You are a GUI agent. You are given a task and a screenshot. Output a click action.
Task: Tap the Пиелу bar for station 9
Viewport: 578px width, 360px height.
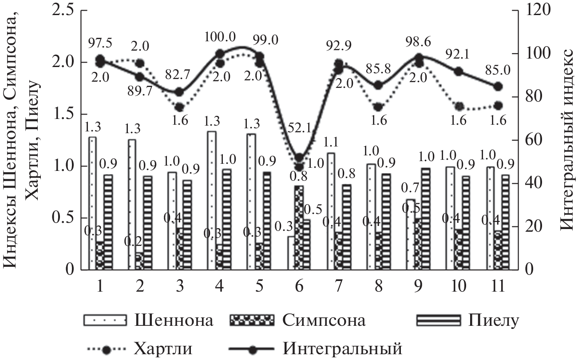pos(426,219)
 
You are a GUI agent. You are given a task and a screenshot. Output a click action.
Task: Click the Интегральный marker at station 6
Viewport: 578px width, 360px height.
pos(299,158)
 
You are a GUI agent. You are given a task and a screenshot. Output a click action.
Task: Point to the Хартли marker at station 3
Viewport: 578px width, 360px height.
pos(179,107)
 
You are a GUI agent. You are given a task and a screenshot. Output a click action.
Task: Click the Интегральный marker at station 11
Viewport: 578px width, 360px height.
pos(498,87)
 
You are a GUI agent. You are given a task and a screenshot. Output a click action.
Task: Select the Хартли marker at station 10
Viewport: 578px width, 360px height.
pos(459,107)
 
